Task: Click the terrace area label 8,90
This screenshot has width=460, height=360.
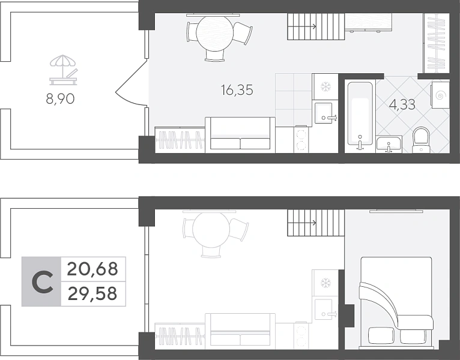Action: [x=60, y=99]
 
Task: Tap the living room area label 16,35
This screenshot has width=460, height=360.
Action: [x=237, y=90]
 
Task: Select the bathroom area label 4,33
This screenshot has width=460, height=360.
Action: [x=402, y=104]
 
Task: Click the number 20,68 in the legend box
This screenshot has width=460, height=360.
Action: [x=92, y=269]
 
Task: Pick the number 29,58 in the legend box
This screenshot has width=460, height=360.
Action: [x=92, y=294]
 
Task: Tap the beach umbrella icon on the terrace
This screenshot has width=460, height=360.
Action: [x=63, y=70]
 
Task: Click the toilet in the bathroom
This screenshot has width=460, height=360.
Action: [x=421, y=140]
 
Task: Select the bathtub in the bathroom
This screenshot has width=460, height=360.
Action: [x=360, y=113]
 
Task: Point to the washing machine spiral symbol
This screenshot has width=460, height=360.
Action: [x=440, y=95]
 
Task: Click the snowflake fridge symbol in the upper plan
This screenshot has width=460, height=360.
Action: [x=325, y=87]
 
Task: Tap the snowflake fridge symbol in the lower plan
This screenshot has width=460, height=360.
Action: [x=325, y=283]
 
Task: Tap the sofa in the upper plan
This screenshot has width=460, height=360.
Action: [x=240, y=135]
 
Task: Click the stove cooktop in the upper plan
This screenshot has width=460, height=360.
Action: [x=301, y=140]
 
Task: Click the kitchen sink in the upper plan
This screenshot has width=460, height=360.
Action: [x=323, y=113]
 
